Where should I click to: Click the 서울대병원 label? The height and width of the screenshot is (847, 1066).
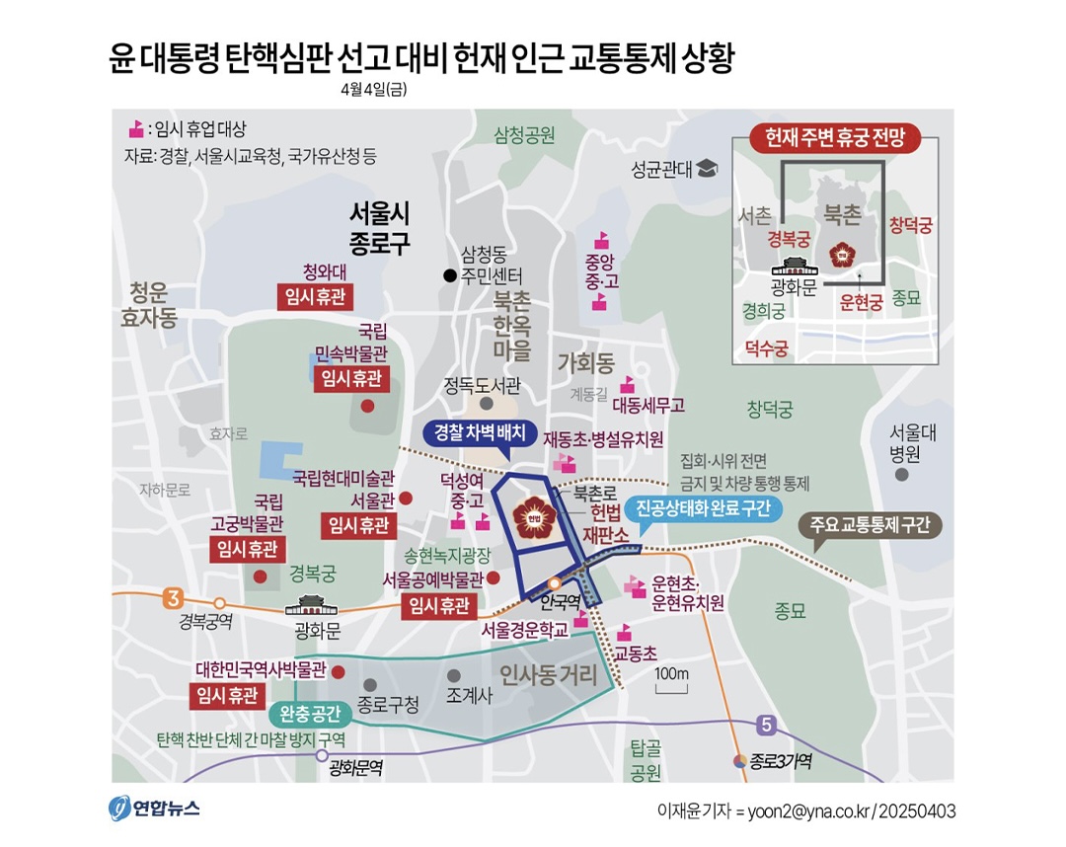click(x=904, y=443)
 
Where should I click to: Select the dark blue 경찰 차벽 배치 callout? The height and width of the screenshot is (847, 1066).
click(x=479, y=431)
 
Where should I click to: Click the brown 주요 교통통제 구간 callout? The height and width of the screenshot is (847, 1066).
click(x=869, y=524)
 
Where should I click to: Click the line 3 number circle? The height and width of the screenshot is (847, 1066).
click(x=174, y=597)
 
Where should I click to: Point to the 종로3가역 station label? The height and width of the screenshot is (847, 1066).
click(x=780, y=761)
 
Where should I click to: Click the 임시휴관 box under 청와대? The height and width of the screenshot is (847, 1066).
click(x=316, y=296)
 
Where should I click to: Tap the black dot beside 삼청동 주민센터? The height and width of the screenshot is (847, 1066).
click(x=449, y=275)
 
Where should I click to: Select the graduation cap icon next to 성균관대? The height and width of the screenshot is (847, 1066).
click(x=707, y=169)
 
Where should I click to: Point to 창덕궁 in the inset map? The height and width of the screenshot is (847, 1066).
click(x=909, y=225)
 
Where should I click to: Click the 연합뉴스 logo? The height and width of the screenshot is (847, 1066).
click(x=154, y=808)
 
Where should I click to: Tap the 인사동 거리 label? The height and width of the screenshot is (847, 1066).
click(x=549, y=676)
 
